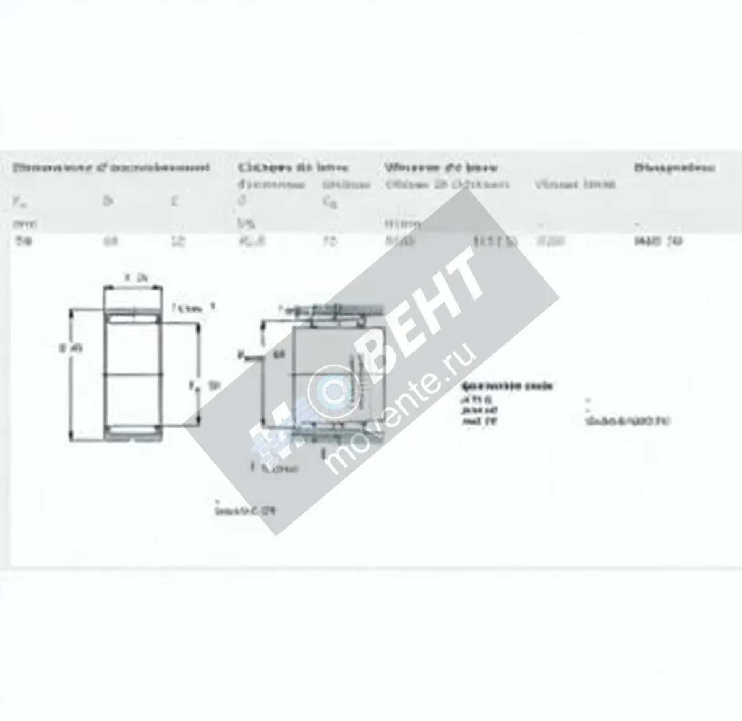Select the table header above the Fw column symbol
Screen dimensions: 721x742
(111, 167)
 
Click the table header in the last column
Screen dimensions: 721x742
(675, 167)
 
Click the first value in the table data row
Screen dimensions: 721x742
(23, 241)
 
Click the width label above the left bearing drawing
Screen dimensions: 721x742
(134, 278)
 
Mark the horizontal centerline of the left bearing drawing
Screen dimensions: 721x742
(134, 373)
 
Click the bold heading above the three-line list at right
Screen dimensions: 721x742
(506, 386)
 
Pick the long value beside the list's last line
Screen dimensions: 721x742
(627, 421)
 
